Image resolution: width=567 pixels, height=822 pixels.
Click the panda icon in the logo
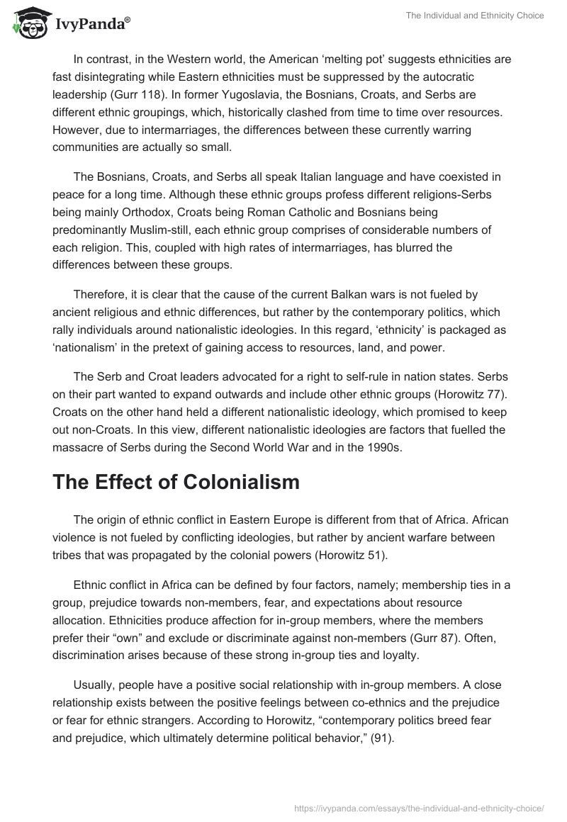26,23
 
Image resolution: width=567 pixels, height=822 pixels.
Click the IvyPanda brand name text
91,25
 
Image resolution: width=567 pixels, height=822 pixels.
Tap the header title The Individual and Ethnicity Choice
476,16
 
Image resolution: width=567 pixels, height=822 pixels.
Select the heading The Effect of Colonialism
176,482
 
